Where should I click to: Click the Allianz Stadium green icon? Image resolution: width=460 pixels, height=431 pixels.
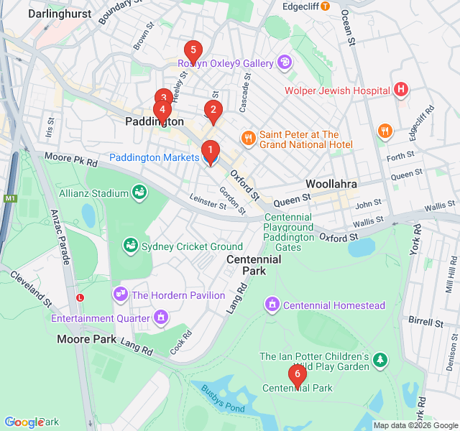point(139,192)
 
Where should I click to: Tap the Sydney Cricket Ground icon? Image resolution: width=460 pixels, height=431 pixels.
point(130,246)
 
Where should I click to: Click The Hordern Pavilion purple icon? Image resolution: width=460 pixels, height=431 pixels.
point(120,295)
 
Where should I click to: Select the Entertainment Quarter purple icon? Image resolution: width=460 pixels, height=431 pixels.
point(161,317)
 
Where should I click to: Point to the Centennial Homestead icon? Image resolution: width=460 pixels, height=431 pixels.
point(272,305)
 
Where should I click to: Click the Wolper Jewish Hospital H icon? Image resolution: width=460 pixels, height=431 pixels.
point(401,90)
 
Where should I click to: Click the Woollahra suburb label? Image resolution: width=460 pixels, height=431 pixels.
point(331,184)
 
